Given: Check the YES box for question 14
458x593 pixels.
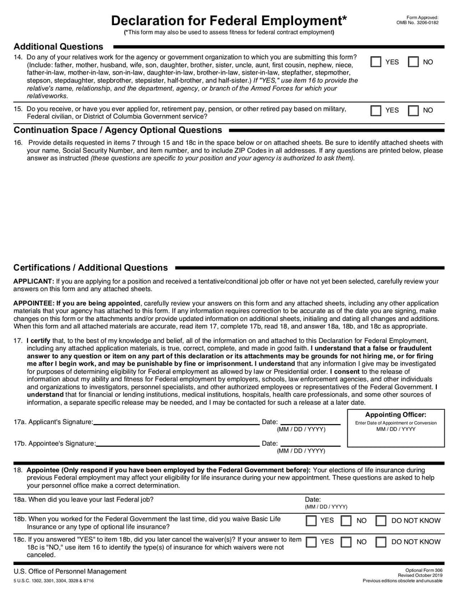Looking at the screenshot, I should (376, 62).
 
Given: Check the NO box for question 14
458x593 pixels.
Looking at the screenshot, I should (413, 62).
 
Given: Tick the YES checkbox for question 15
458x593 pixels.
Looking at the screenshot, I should (376, 111).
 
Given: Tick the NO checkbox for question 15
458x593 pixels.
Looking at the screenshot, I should (413, 111).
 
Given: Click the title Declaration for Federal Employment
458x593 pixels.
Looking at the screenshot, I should (229, 21).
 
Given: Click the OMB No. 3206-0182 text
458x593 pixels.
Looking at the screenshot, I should (417, 23).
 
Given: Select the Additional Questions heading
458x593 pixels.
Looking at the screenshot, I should (58, 46).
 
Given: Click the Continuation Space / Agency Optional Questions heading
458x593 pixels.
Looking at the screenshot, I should (117, 130).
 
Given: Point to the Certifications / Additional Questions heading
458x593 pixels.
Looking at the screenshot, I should (90, 268).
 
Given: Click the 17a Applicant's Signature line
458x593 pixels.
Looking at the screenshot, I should (176, 423).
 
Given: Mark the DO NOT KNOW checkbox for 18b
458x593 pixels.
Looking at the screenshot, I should (381, 521).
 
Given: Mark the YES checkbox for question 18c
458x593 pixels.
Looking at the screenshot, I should (311, 542).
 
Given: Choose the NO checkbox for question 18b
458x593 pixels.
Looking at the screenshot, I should (346, 521).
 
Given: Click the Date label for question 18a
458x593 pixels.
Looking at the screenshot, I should (313, 500).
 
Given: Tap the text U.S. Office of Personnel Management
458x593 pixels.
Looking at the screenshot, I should (70, 571).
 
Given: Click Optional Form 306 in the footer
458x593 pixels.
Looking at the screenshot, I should (424, 571).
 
